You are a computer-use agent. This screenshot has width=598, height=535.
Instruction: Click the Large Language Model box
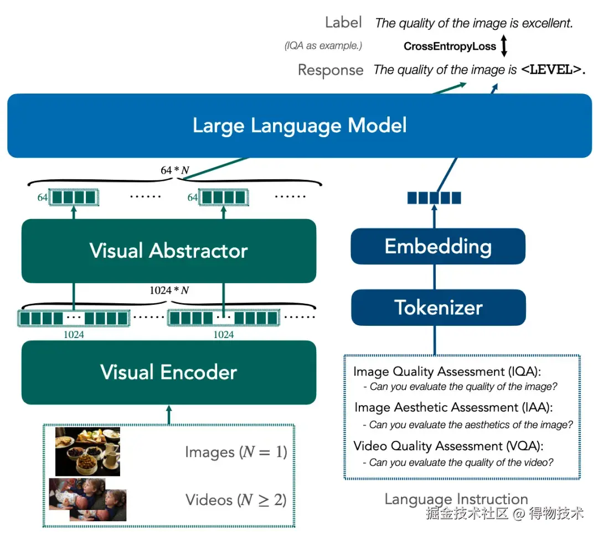299,126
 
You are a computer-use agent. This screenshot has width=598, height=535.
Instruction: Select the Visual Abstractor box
168,251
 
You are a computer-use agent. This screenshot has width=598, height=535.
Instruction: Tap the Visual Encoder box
168,372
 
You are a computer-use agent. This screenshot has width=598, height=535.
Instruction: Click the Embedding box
438,246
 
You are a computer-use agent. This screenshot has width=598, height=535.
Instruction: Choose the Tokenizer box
438,307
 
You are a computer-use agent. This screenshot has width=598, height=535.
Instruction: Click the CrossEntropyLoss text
450,46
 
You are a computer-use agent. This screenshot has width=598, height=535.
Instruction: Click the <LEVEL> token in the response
550,70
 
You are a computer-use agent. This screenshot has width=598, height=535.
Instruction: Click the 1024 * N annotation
169,290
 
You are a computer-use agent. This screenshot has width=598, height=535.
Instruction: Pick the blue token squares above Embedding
434,198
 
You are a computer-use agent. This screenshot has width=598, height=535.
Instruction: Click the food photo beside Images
87,451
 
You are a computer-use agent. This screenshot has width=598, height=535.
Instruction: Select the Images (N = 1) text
236,452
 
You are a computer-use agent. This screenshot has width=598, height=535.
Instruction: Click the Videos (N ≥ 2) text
236,500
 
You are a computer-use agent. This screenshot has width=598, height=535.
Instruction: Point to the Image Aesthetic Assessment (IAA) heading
453,408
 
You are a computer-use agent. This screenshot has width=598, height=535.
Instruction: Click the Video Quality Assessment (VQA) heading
448,446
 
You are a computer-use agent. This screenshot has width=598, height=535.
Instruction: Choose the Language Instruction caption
456,499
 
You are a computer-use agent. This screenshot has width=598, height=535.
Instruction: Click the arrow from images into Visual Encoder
169,414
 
